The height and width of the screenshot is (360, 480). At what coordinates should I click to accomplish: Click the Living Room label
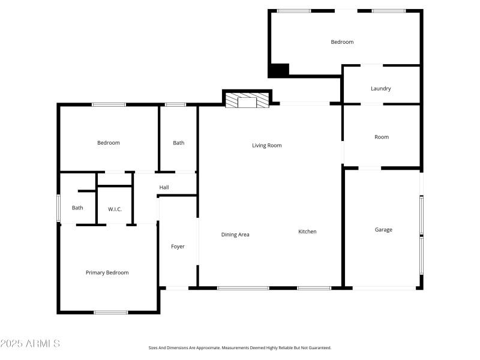pos(266,145)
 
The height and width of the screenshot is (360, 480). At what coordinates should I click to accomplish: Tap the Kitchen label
pos(307,232)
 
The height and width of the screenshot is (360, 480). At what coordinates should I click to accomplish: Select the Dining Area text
pos(235,235)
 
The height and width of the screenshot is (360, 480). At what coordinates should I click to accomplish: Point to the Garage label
pos(383,230)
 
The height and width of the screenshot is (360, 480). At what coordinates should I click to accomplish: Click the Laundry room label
pos(381,89)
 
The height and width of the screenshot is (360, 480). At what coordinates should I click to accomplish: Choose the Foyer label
pos(178,247)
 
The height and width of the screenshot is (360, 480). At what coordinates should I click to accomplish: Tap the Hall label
pos(164,188)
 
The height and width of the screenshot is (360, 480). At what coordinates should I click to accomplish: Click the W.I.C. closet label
pos(115,209)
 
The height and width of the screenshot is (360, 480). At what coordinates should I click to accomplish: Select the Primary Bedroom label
pos(107,272)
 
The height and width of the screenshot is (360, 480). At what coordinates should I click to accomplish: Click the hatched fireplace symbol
pos(247,101)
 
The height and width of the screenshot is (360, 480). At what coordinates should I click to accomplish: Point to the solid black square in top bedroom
pos(278,70)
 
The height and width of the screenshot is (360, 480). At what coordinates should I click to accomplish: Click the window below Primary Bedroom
pos(111,312)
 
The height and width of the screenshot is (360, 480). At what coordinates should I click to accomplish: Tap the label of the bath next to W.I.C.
pos(77,208)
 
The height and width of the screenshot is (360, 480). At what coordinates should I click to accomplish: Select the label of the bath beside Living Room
pos(179,143)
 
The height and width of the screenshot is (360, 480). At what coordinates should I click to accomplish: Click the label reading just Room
pos(382,137)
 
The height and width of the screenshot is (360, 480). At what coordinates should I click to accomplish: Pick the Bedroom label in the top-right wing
pos(342,42)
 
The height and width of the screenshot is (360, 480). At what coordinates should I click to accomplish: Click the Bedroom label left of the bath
pos(109,143)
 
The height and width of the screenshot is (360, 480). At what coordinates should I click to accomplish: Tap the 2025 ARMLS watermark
pos(30,344)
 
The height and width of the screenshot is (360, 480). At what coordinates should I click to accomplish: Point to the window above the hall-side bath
pos(175,105)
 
